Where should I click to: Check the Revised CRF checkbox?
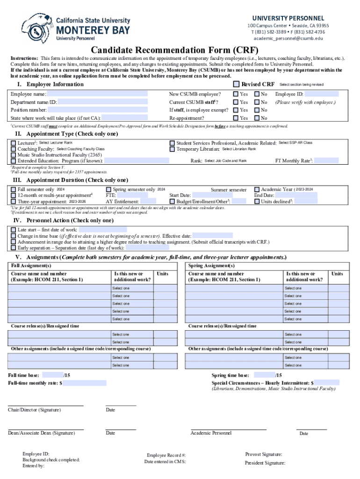click(x=236, y=84)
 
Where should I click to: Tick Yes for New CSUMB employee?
click(x=236, y=94)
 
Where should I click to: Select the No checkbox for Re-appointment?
click(x=257, y=118)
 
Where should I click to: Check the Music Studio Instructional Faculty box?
click(x=14, y=155)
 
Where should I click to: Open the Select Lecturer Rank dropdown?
click(x=56, y=143)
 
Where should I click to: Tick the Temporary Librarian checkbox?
click(x=173, y=149)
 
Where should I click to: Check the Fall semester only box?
click(x=14, y=189)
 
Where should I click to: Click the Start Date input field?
click(x=212, y=195)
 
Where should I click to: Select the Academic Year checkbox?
click(x=257, y=189)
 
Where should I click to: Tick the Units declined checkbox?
click(x=257, y=201)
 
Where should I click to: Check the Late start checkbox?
click(x=14, y=230)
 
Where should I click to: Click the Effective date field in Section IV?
click(x=212, y=236)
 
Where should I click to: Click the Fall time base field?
click(x=52, y=375)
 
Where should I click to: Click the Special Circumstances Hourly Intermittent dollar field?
click(x=327, y=383)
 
